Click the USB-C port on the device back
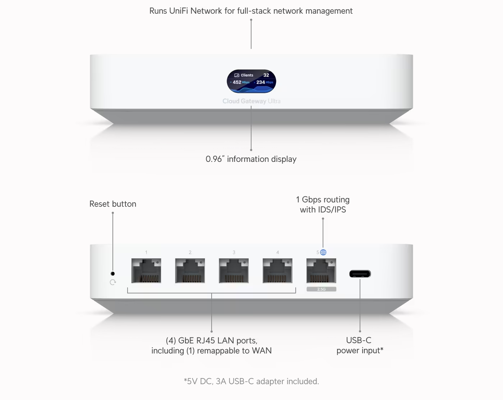click(x=360, y=274)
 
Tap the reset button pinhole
click(x=113, y=273)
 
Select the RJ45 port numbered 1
click(x=146, y=271)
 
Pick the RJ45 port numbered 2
click(x=190, y=271)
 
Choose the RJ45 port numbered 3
click(x=234, y=271)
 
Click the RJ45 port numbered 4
click(x=277, y=271)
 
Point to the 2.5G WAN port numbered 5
click(x=322, y=271)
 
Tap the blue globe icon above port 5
click(x=323, y=252)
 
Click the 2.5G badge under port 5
click(x=322, y=289)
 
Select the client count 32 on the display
click(x=266, y=75)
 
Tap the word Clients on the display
click(x=247, y=75)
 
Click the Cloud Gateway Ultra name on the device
click(x=251, y=101)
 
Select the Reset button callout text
click(x=113, y=204)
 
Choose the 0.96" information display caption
click(x=251, y=159)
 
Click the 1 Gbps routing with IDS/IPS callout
click(x=323, y=205)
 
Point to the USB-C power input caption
click(x=360, y=345)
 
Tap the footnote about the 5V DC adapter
click(x=251, y=381)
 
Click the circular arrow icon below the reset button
click(x=113, y=282)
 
